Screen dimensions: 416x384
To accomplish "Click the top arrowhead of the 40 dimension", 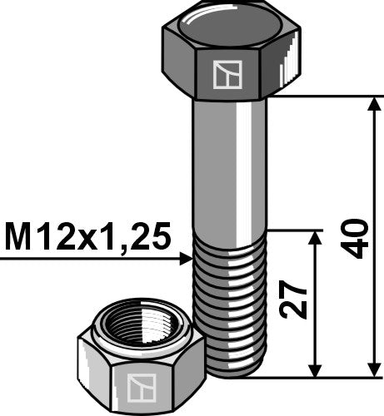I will point(372,104).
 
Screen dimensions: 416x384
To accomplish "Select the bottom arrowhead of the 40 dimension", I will point(372,369).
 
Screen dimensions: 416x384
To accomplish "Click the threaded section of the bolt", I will point(231,300).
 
